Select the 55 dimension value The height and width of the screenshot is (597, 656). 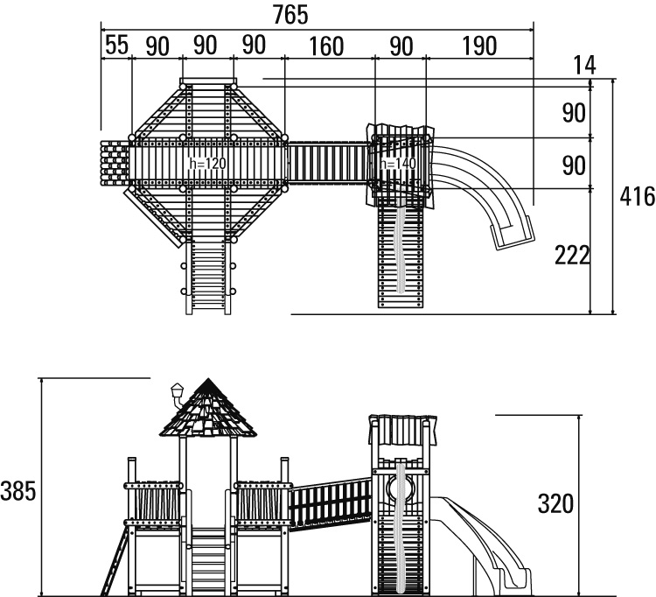pyautogui.click(x=116, y=46)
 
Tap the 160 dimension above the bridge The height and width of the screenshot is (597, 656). pyautogui.click(x=326, y=46)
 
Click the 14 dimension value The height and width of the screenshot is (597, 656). pyautogui.click(x=584, y=66)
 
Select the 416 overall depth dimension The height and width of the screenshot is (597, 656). pyautogui.click(x=637, y=197)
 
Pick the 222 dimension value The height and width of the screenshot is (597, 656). pyautogui.click(x=572, y=255)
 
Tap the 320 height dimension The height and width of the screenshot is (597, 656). pyautogui.click(x=555, y=503)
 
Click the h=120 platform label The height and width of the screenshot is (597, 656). pyautogui.click(x=207, y=163)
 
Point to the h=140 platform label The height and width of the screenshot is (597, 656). pyautogui.click(x=397, y=163)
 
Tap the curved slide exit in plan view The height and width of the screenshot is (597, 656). pyautogui.click(x=510, y=233)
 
